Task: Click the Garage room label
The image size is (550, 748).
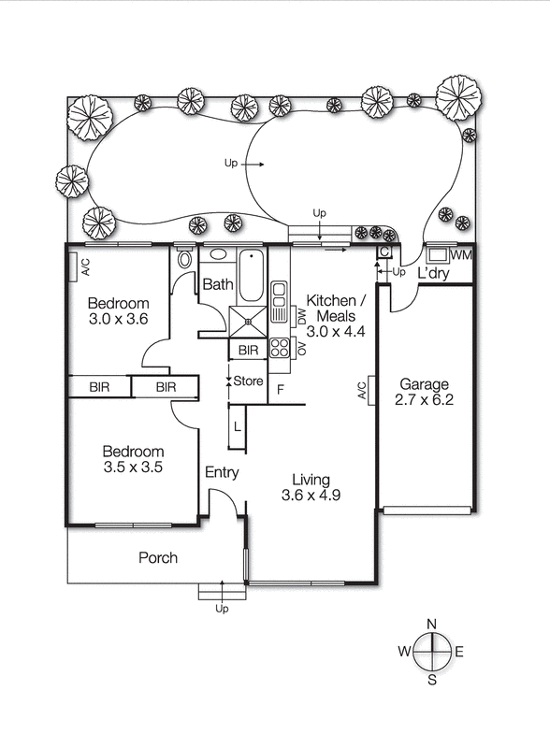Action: [424, 384]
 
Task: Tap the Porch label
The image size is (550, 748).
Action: [158, 558]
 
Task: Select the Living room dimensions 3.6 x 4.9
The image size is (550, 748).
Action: [310, 495]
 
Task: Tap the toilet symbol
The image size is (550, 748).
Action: [184, 259]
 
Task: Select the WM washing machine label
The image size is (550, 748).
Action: [460, 255]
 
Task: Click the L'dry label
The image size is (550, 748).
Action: [434, 274]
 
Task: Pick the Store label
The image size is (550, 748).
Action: [249, 381]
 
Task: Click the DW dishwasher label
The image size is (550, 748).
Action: [302, 317]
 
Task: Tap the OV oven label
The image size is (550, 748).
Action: [302, 348]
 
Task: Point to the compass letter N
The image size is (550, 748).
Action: [431, 625]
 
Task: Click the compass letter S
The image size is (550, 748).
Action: [431, 680]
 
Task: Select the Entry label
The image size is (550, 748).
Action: [222, 472]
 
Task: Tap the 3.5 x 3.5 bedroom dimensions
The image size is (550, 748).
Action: [132, 467]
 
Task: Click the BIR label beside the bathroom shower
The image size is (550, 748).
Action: [249, 351]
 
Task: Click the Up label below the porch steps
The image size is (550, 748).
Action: [222, 609]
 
